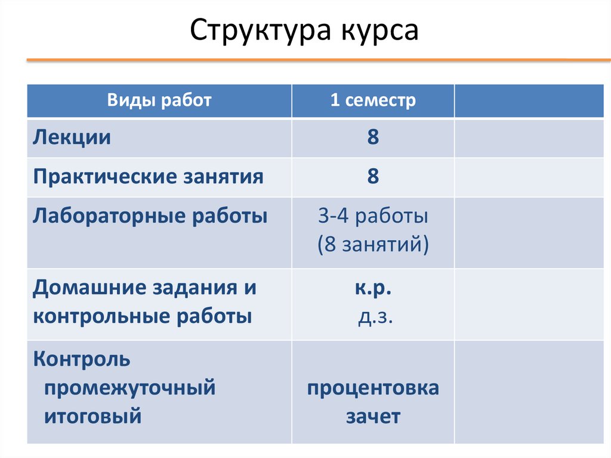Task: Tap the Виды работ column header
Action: pyautogui.click(x=159, y=100)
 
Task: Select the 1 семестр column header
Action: pyautogui.click(x=373, y=100)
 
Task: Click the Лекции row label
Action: pyautogui.click(x=72, y=137)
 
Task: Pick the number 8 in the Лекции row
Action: pyautogui.click(x=373, y=137)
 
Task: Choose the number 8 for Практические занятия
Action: pyautogui.click(x=373, y=177)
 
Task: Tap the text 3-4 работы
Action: pyautogui.click(x=373, y=216)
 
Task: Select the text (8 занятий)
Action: pyautogui.click(x=373, y=245)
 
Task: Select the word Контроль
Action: pyautogui.click(x=82, y=359)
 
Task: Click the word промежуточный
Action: pyautogui.click(x=129, y=388)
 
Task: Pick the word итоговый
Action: pyautogui.click(x=93, y=416)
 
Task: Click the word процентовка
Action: pyautogui.click(x=373, y=388)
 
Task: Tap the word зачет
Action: pyautogui.click(x=373, y=416)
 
